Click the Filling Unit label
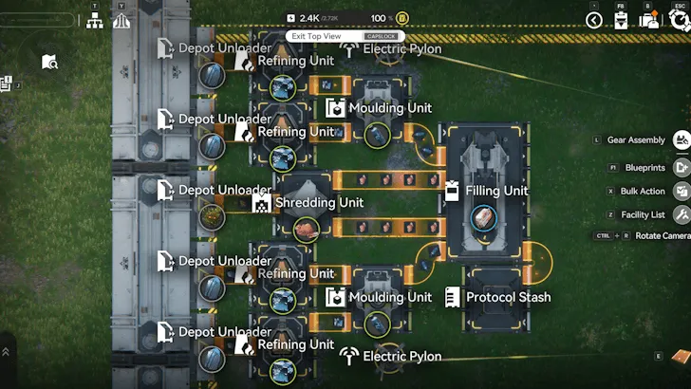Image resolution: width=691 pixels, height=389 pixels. click(496, 191)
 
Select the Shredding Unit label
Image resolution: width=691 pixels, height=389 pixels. click(319, 203)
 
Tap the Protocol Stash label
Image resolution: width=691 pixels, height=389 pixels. click(508, 297)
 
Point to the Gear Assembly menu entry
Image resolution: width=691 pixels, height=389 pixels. click(636, 139)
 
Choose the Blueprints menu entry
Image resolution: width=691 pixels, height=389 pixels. click(644, 167)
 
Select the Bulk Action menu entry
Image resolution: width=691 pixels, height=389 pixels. click(643, 191)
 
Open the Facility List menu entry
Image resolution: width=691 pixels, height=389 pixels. click(643, 214)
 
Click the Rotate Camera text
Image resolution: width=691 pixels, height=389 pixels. click(663, 235)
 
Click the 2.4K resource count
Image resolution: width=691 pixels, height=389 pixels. click(309, 18)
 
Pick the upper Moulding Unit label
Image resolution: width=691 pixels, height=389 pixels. click(390, 108)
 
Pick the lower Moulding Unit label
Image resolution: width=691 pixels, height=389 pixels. click(390, 297)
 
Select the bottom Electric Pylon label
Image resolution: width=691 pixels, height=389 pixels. click(402, 357)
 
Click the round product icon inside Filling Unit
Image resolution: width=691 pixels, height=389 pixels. click(483, 217)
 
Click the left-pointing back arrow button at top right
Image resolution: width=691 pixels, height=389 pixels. click(594, 20)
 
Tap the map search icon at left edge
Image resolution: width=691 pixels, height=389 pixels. click(49, 63)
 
